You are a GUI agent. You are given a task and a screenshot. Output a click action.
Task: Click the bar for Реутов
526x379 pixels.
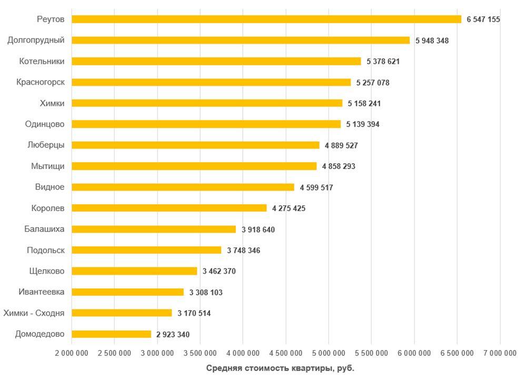(x=266, y=19)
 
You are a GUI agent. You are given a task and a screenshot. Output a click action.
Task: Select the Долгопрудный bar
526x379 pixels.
(x=240, y=41)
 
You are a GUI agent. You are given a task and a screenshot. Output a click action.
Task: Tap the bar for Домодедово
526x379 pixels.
(x=111, y=334)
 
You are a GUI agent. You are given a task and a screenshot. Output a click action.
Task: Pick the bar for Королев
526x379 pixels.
(x=169, y=208)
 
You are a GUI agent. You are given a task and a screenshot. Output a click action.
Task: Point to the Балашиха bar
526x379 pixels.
(x=154, y=229)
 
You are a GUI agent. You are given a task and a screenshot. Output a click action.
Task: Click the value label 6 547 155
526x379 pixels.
(x=483, y=19)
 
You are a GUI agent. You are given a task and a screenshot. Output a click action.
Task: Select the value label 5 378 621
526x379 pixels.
(x=383, y=62)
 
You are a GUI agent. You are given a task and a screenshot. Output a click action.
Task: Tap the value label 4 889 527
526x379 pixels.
(x=341, y=145)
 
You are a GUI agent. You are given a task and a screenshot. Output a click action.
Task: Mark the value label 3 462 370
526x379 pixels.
(x=219, y=271)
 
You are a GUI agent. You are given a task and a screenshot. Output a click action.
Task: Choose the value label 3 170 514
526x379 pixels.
(x=194, y=313)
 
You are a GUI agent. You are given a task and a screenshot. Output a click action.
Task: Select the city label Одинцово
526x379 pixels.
(x=45, y=124)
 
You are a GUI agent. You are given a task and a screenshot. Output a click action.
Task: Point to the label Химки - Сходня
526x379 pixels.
(x=34, y=313)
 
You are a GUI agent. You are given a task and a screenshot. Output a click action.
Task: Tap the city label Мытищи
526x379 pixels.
(x=48, y=166)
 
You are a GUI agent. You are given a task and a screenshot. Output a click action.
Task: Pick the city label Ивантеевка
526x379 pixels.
(x=42, y=292)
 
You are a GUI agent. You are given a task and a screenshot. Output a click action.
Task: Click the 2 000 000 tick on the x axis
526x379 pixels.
(x=72, y=354)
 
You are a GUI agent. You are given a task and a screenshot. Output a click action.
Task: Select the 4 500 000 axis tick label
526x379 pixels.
(x=285, y=354)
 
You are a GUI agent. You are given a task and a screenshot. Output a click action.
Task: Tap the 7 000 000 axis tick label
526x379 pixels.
(x=500, y=354)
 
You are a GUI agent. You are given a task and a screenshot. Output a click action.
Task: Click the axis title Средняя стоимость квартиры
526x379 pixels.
(x=280, y=368)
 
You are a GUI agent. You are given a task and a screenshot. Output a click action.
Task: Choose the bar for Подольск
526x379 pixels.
(x=146, y=250)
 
